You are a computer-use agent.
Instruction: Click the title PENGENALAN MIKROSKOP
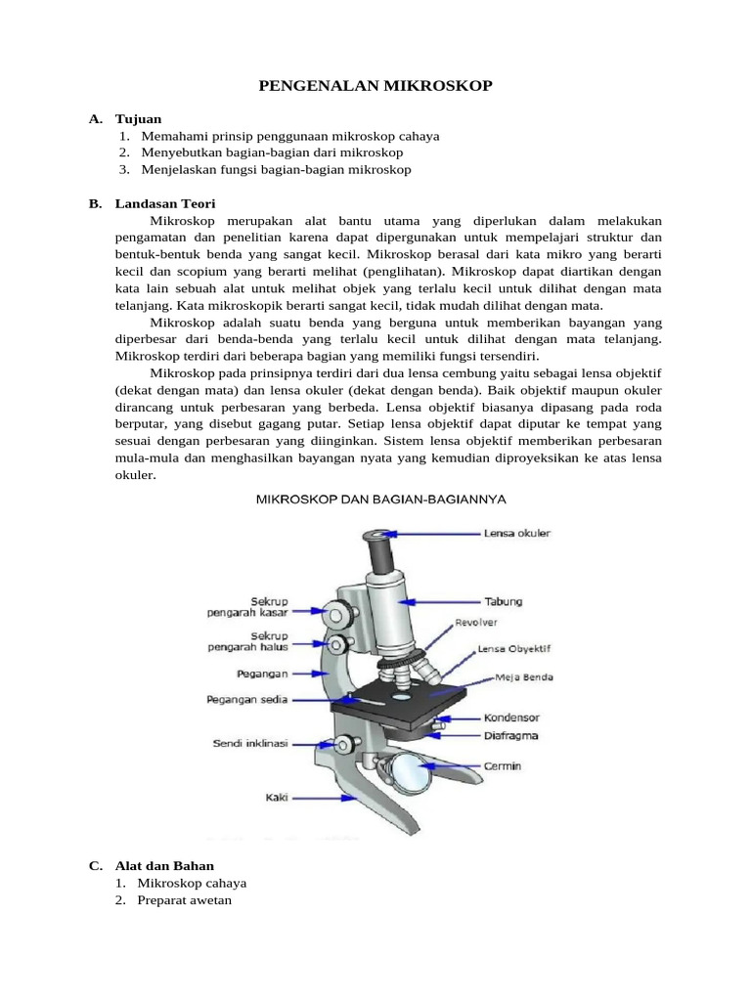pos(375,87)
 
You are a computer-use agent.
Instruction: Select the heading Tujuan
pos(138,119)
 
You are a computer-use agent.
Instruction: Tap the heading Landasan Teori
pos(164,203)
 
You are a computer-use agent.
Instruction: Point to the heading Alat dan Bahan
pos(164,865)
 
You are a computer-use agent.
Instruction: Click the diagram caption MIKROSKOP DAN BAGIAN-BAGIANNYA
pos(380,499)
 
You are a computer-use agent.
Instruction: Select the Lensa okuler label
pos(517,534)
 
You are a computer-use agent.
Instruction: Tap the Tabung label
pos(504,601)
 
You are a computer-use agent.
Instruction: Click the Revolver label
pos(476,623)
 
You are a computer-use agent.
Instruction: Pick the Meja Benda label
pos(525,676)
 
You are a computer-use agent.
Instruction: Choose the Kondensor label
pos(511,717)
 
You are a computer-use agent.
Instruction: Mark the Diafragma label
pos(511,735)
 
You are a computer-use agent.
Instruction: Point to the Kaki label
pos(277,798)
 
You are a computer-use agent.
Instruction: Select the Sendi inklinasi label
pos(250,744)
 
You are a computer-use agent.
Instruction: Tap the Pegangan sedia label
pos(246,699)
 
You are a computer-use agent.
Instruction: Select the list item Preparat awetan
pos(185,900)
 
